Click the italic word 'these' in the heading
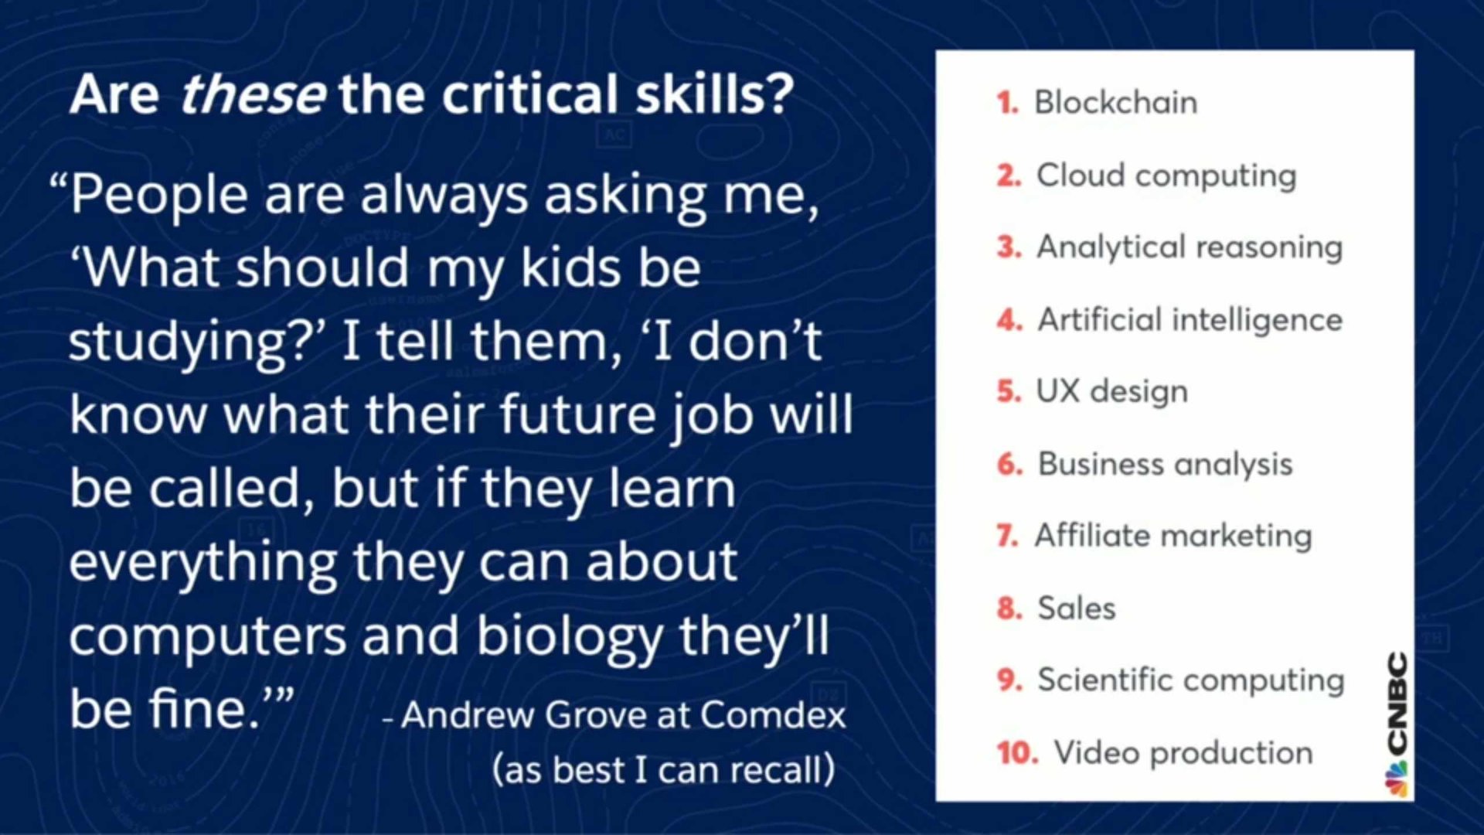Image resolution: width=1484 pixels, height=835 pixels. pos(253,94)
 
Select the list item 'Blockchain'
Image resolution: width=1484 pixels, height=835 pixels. pos(1116,102)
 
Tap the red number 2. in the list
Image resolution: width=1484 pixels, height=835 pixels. pos(1009,176)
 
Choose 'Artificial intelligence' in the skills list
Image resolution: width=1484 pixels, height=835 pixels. pos(1190,320)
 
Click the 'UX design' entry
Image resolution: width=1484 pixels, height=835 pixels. pos(1112,392)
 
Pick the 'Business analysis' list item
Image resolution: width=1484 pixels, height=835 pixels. pos(1165,465)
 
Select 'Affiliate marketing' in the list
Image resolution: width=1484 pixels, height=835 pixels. pos(1173,536)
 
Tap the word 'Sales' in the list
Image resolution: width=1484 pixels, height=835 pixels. pos(1077,608)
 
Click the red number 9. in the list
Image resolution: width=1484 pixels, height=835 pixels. pos(1009,680)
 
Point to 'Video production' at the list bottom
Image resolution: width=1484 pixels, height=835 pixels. pos(1183,753)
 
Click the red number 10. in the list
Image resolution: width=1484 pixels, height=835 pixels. pos(1017,752)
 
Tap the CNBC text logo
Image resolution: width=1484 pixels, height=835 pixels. pos(1398,702)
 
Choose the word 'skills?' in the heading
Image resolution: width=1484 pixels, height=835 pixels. pos(714,94)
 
